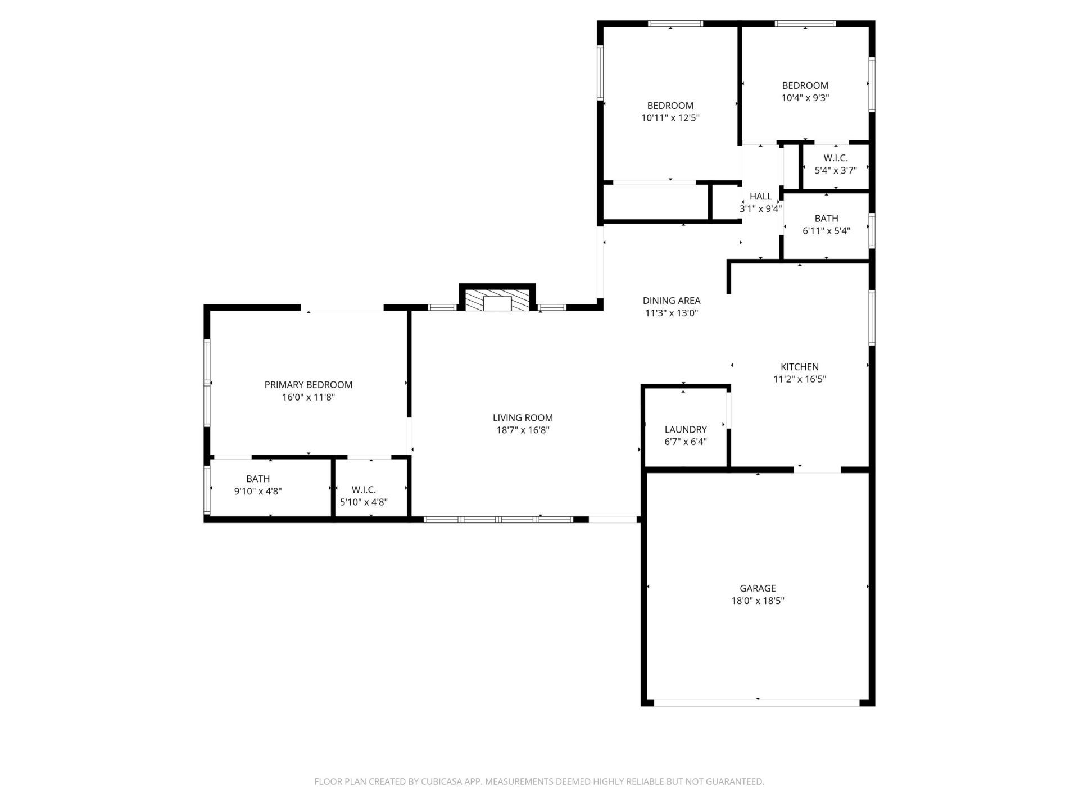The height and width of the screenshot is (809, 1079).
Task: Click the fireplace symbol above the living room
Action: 497,301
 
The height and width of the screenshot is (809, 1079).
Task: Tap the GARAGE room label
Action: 758,588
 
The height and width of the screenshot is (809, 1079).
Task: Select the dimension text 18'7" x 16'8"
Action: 523,430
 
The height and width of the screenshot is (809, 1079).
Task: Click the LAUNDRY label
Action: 686,430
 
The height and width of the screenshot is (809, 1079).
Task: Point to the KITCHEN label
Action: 800,367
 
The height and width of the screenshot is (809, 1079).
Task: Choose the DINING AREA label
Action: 672,301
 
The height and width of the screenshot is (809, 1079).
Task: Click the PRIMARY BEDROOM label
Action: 309,385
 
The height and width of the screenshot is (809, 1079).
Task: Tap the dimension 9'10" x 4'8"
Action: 258,492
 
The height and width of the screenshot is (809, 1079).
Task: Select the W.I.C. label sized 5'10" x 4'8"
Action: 364,490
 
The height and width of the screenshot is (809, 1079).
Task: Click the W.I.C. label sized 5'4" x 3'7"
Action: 836,158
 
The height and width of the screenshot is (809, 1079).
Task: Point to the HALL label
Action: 760,197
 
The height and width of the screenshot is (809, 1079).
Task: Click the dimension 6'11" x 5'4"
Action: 826,231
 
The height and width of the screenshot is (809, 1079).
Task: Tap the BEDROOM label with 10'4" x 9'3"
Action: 805,85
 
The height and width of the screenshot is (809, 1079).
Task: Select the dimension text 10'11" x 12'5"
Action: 670,118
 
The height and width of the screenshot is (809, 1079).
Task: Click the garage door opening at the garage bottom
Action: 757,702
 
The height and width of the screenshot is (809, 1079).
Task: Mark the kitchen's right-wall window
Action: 872,317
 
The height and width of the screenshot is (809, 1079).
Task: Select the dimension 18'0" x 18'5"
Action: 758,601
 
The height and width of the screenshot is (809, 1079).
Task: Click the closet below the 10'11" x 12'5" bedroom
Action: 655,202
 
